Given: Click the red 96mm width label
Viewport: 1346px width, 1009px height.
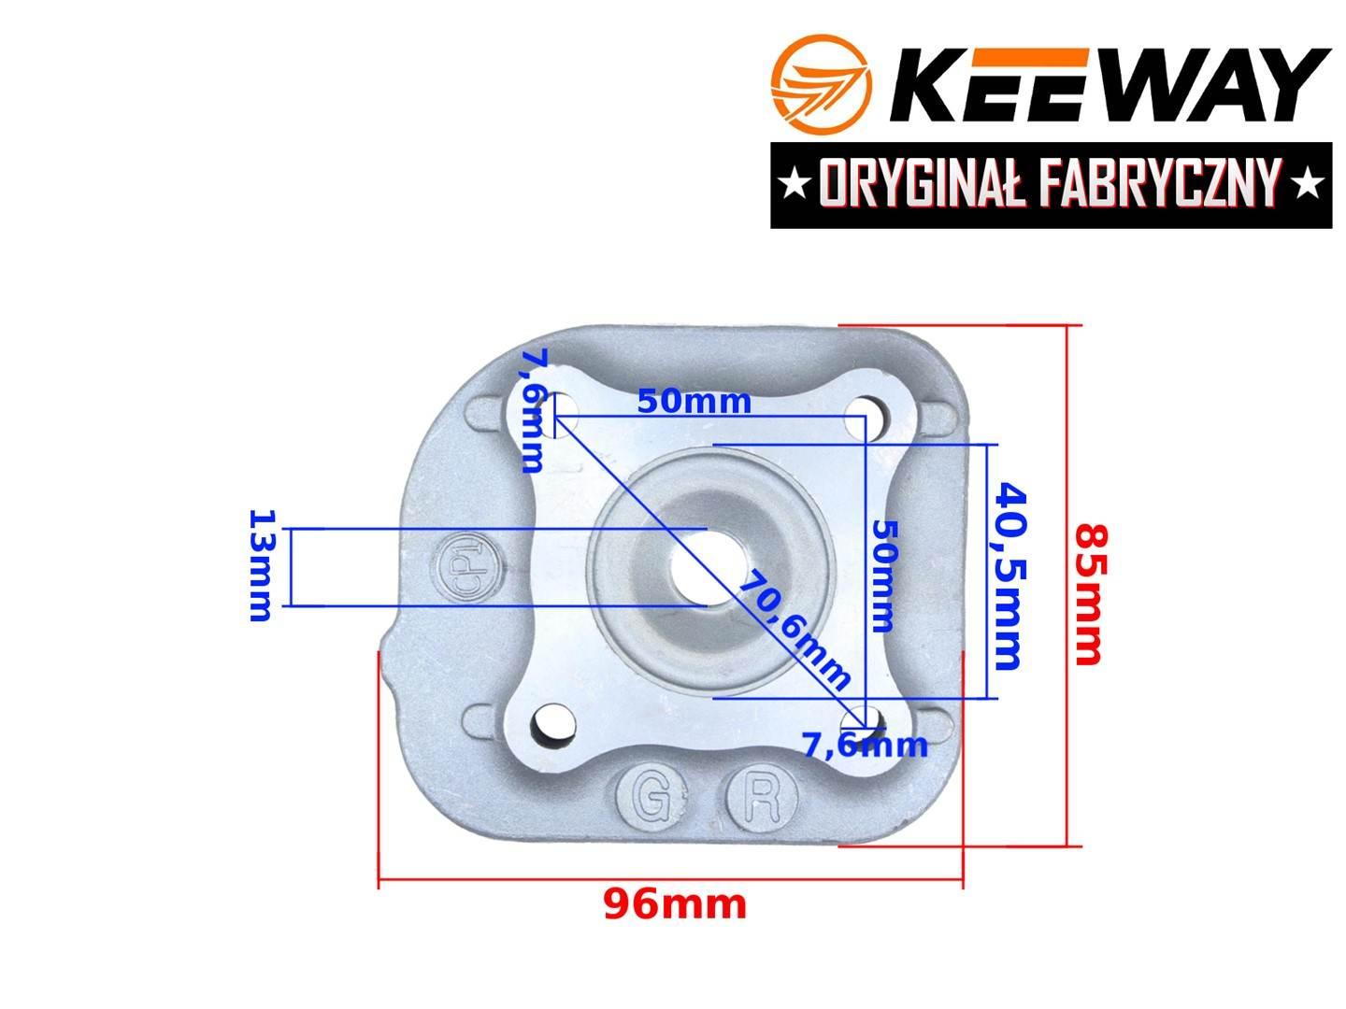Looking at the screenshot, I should [x=675, y=904].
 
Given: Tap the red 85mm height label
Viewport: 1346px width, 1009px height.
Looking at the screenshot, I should [x=1089, y=594].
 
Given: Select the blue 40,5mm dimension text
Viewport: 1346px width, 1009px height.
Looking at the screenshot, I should [x=1009, y=576].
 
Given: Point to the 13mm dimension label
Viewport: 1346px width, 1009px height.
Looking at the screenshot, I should [x=261, y=565].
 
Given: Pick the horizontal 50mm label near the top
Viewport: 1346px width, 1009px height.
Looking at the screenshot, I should [x=694, y=402].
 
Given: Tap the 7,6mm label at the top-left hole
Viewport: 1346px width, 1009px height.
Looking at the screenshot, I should [x=534, y=411].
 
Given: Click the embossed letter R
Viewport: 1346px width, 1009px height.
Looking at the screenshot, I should [x=761, y=796].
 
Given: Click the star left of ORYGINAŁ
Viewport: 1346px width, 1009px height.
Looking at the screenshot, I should [x=795, y=185].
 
